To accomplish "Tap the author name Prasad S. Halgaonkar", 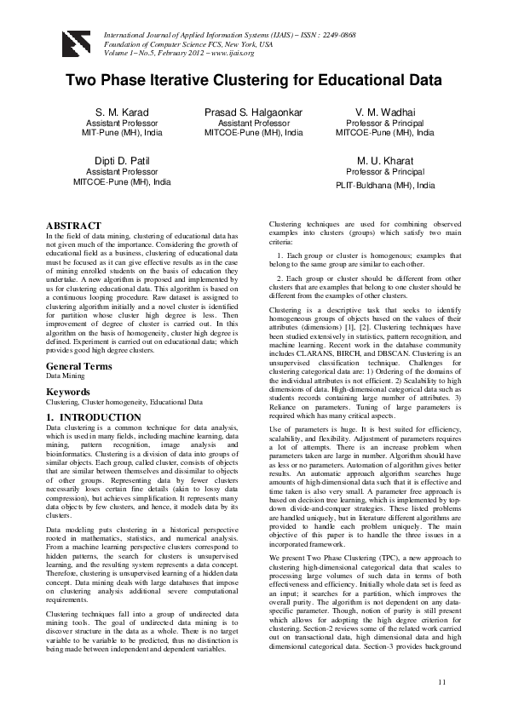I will [254, 112].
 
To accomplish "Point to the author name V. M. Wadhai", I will [385, 112].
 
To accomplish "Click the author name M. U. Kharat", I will [385, 160].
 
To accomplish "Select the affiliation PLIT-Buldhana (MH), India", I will [385, 185].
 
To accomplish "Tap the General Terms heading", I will [79, 366].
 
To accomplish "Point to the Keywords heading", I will [69, 392].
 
